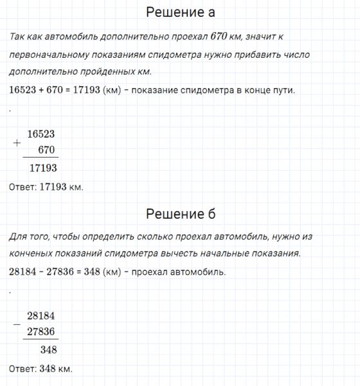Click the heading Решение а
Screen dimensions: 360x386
pos(181,12)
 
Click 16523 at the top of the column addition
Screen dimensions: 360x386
pos(42,134)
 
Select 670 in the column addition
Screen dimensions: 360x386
pos(48,150)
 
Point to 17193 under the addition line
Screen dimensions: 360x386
pos(43,168)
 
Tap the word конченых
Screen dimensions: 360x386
pos(31,254)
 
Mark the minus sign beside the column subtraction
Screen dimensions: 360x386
pos(17,324)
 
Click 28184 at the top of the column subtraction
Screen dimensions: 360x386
pos(42,316)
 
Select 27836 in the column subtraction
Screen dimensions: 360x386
pos(42,332)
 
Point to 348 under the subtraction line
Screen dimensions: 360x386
pos(48,350)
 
